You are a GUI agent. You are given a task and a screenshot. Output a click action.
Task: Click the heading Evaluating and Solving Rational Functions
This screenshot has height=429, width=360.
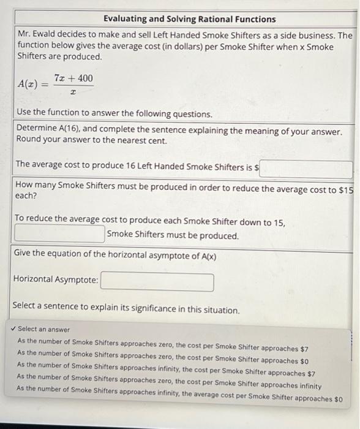[189, 19]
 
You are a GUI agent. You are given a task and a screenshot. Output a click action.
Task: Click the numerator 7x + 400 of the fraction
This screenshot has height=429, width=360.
[73, 78]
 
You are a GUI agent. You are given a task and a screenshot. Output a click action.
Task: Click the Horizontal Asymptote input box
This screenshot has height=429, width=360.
[157, 283]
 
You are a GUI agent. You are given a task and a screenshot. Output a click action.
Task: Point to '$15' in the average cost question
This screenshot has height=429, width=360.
[346, 189]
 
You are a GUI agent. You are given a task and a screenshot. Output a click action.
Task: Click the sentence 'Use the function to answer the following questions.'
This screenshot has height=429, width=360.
[114, 114]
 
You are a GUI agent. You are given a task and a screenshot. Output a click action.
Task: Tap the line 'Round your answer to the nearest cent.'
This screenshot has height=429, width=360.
[91, 140]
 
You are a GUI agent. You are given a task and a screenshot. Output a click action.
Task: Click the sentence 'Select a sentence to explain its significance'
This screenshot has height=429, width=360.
[126, 310]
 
